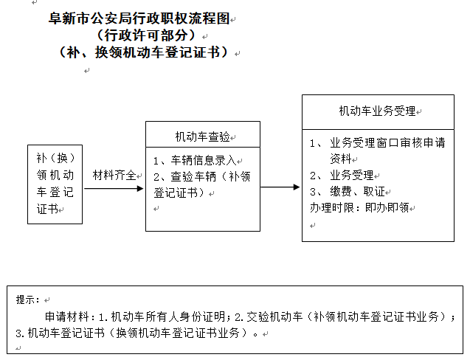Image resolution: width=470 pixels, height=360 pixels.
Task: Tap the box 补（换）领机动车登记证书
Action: coord(55,184)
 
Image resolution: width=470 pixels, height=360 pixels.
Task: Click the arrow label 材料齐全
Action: coord(114,176)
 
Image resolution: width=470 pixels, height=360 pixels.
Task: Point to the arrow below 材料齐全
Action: coord(114,188)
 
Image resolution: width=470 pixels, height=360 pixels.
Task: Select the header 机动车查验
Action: coord(202,136)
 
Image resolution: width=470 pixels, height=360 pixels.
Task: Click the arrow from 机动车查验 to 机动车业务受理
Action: coord(280,187)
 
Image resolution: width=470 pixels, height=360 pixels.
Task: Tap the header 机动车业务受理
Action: coord(377,111)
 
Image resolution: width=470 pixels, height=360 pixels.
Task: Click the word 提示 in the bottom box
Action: coord(27,300)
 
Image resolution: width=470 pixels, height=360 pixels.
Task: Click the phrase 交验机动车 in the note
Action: coord(277,316)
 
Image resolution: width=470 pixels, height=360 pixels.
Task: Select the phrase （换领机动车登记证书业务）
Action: coord(182,333)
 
